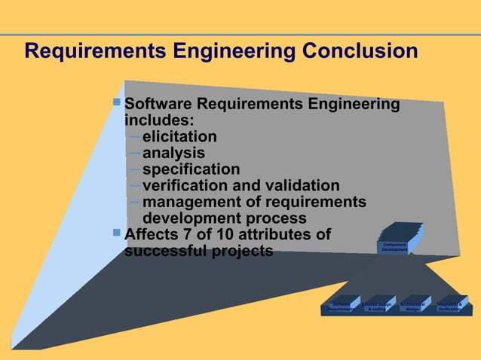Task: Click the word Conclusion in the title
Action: pos(355,51)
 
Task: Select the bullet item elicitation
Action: pos(179,137)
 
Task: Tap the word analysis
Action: pos(173,154)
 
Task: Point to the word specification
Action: pos(191,169)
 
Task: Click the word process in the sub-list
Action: pos(272,218)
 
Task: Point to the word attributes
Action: pos(284,234)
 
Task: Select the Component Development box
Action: pos(395,246)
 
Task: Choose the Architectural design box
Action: pos(412,307)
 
